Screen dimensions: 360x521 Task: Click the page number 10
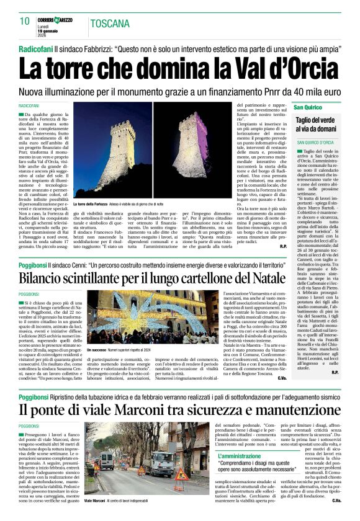click(x=25, y=21)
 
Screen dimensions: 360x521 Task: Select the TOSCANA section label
click(x=110, y=25)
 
